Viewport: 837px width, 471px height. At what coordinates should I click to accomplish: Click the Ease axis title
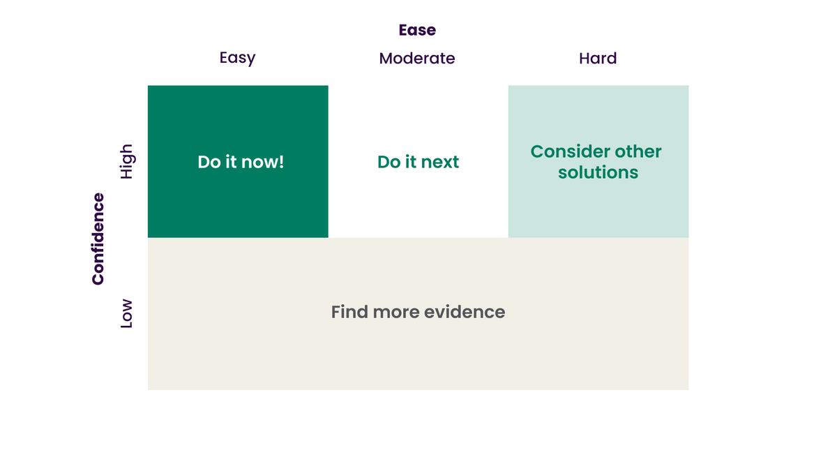(417, 30)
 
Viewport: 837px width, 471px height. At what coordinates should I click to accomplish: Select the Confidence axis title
(98, 239)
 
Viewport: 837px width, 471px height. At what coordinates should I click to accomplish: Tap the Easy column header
(237, 58)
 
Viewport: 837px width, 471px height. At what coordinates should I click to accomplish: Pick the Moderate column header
(417, 59)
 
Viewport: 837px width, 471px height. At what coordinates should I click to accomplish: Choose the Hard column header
(598, 59)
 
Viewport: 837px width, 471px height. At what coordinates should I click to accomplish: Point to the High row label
(126, 162)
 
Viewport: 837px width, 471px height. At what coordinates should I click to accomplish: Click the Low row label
(126, 314)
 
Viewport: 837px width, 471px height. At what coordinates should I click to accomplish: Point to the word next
(441, 163)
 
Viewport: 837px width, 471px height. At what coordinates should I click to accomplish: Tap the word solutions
(598, 172)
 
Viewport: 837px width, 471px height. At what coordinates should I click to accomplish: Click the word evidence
(468, 312)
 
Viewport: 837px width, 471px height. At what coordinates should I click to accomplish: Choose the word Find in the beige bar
(349, 312)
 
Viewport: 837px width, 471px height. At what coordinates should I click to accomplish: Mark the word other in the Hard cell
(638, 152)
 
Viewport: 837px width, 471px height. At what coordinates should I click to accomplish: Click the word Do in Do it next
(388, 163)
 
